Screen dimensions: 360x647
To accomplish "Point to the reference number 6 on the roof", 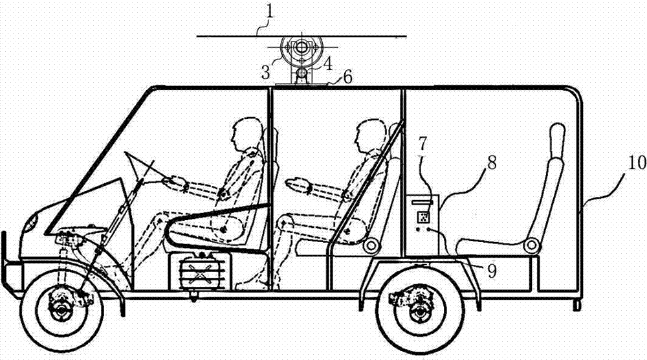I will tap(347, 76).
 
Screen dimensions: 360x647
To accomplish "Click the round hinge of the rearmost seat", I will tap(531, 245).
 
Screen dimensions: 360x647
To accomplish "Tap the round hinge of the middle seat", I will tap(371, 245).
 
